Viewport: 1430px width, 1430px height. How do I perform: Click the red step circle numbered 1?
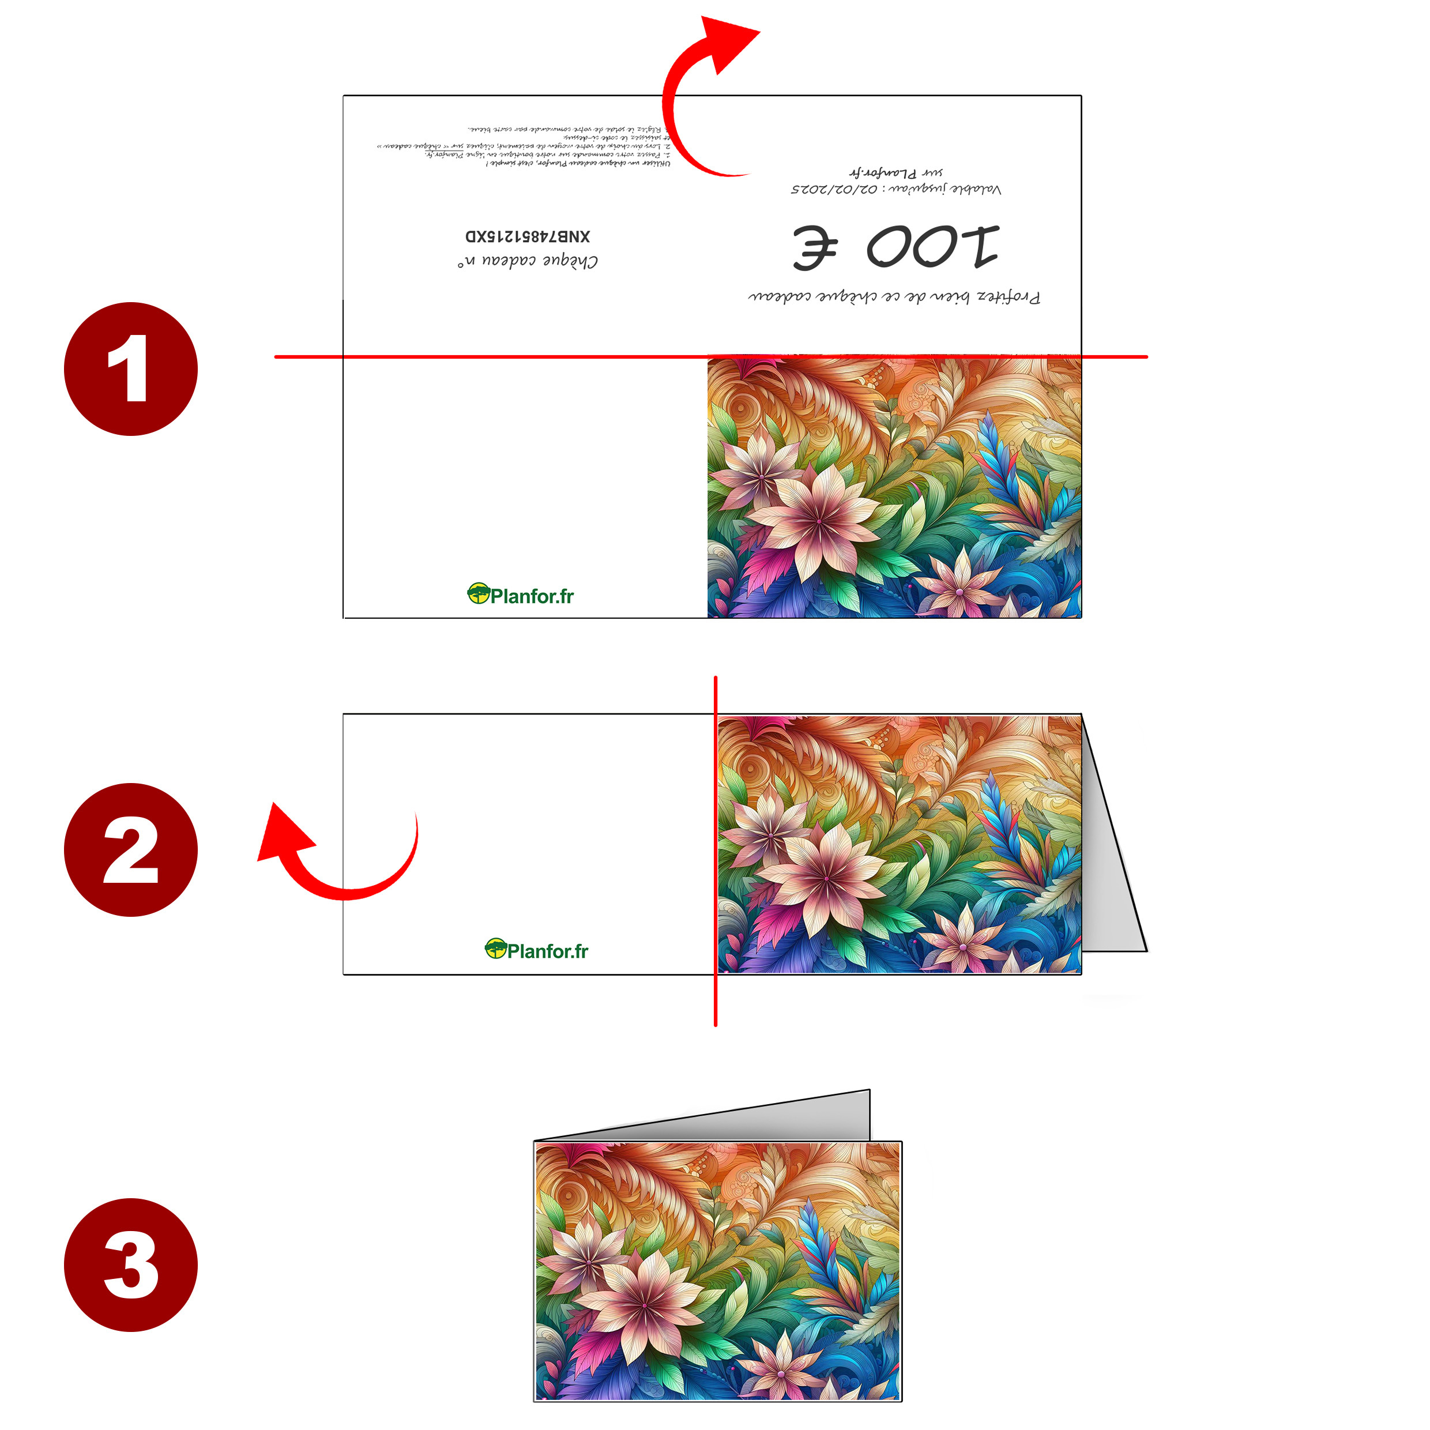point(130,368)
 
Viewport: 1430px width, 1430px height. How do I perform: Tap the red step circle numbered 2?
point(130,850)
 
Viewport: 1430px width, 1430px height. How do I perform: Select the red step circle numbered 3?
point(130,1265)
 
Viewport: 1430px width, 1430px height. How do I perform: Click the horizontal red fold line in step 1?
point(518,357)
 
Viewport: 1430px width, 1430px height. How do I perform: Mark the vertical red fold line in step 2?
point(715,851)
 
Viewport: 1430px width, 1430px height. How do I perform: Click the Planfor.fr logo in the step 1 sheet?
point(521,595)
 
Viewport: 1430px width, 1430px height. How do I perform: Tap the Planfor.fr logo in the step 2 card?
point(537,950)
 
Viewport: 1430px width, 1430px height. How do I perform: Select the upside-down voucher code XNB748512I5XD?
point(528,236)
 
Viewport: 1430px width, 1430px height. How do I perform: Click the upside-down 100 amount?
point(932,246)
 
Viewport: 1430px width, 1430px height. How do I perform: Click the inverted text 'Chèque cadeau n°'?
point(528,262)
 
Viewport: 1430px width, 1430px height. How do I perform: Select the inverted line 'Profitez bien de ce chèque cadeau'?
point(894,298)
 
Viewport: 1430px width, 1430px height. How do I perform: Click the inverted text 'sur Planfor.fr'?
point(895,173)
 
